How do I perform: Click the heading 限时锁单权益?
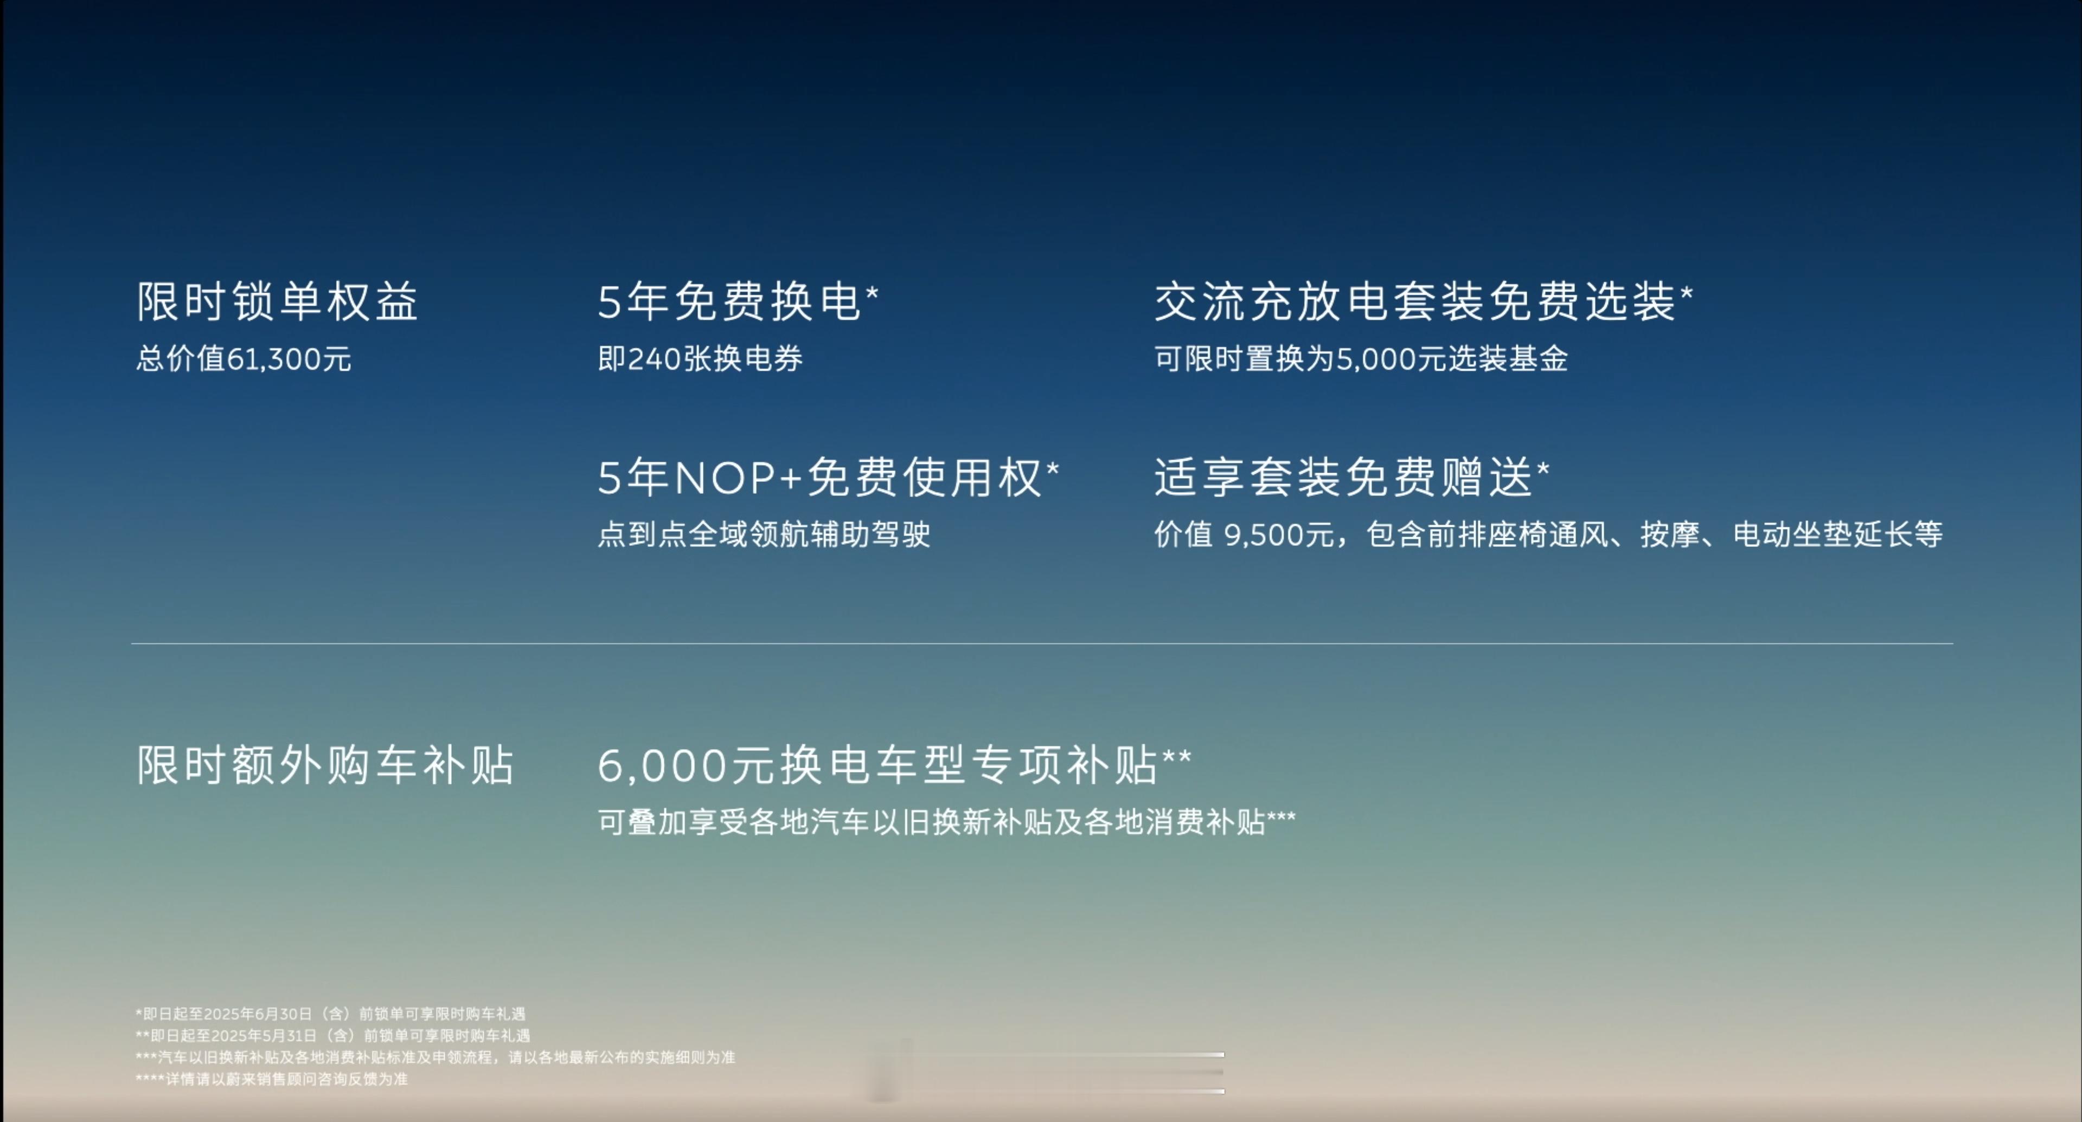[x=277, y=301]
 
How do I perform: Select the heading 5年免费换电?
[x=730, y=301]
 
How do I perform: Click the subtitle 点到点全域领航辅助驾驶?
[x=764, y=534]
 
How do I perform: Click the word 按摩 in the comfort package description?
[x=1670, y=534]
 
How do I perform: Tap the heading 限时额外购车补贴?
[x=325, y=765]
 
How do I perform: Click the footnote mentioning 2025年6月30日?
[x=331, y=1014]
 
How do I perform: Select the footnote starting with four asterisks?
[x=272, y=1079]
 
